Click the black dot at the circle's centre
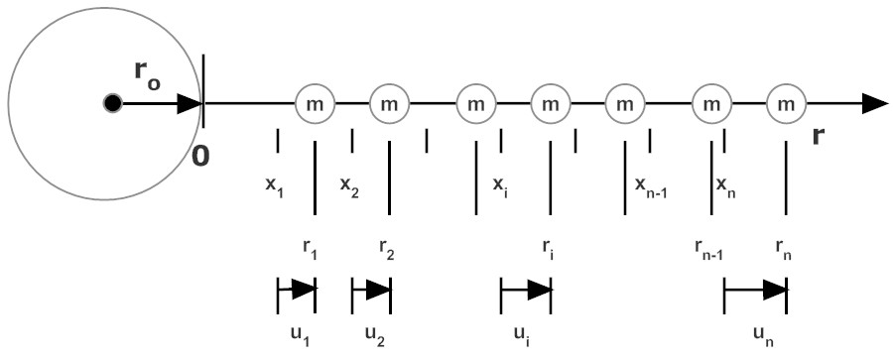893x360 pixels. point(112,102)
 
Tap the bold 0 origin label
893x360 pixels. point(200,156)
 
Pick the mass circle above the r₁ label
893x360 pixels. point(315,103)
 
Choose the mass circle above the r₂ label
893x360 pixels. point(389,103)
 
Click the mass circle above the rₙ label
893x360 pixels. point(786,103)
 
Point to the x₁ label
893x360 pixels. point(275,185)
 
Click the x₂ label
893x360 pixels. point(349,185)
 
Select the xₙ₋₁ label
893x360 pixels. point(650,185)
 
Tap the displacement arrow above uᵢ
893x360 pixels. point(525,290)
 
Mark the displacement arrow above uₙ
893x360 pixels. point(755,290)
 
